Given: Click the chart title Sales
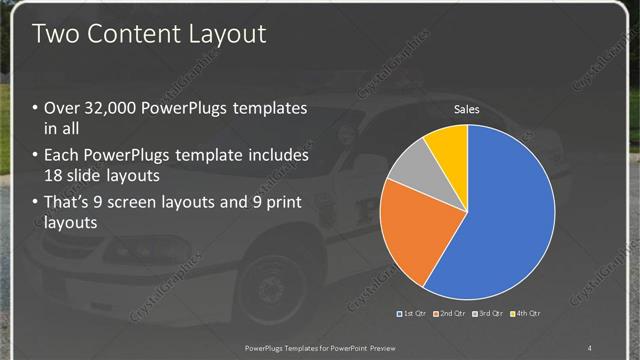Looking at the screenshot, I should click(467, 109).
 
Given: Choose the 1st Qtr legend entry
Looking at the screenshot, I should click(414, 314).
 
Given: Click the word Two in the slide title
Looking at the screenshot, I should click(55, 34).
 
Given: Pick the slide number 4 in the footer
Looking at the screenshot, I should click(590, 347).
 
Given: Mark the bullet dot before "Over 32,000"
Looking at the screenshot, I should click(37, 109).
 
